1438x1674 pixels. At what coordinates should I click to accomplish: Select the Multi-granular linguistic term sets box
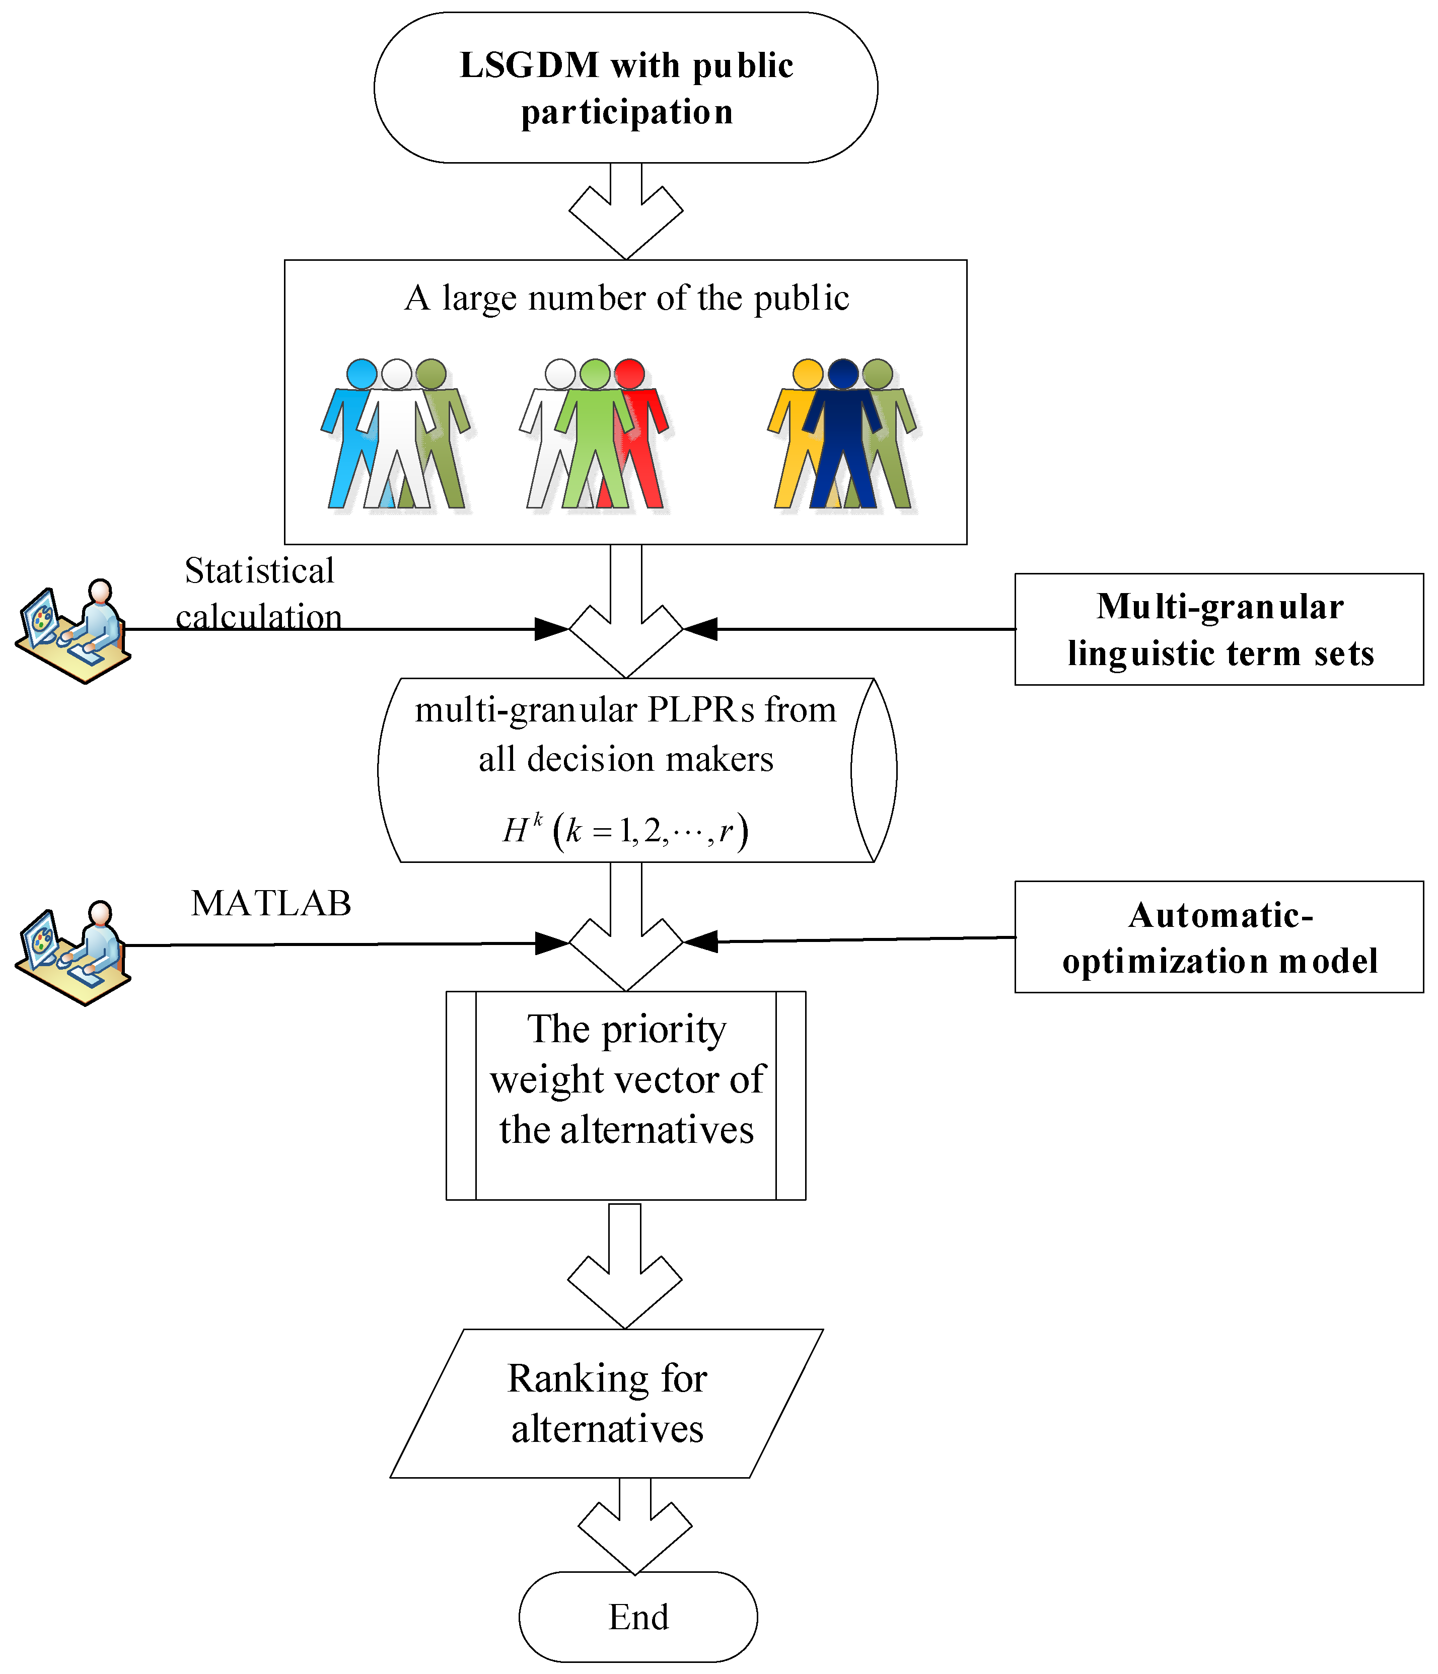1219,629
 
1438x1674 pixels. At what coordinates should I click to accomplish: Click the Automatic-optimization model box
1219,937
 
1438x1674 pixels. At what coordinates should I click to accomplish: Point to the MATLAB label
271,903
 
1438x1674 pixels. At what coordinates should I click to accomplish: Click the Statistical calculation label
258,594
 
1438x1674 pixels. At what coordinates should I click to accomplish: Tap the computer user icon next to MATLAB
73,954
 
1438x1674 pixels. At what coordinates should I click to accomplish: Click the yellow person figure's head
807,374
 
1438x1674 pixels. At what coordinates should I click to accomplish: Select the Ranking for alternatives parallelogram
607,1403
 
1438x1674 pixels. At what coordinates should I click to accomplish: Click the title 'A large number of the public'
626,298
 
